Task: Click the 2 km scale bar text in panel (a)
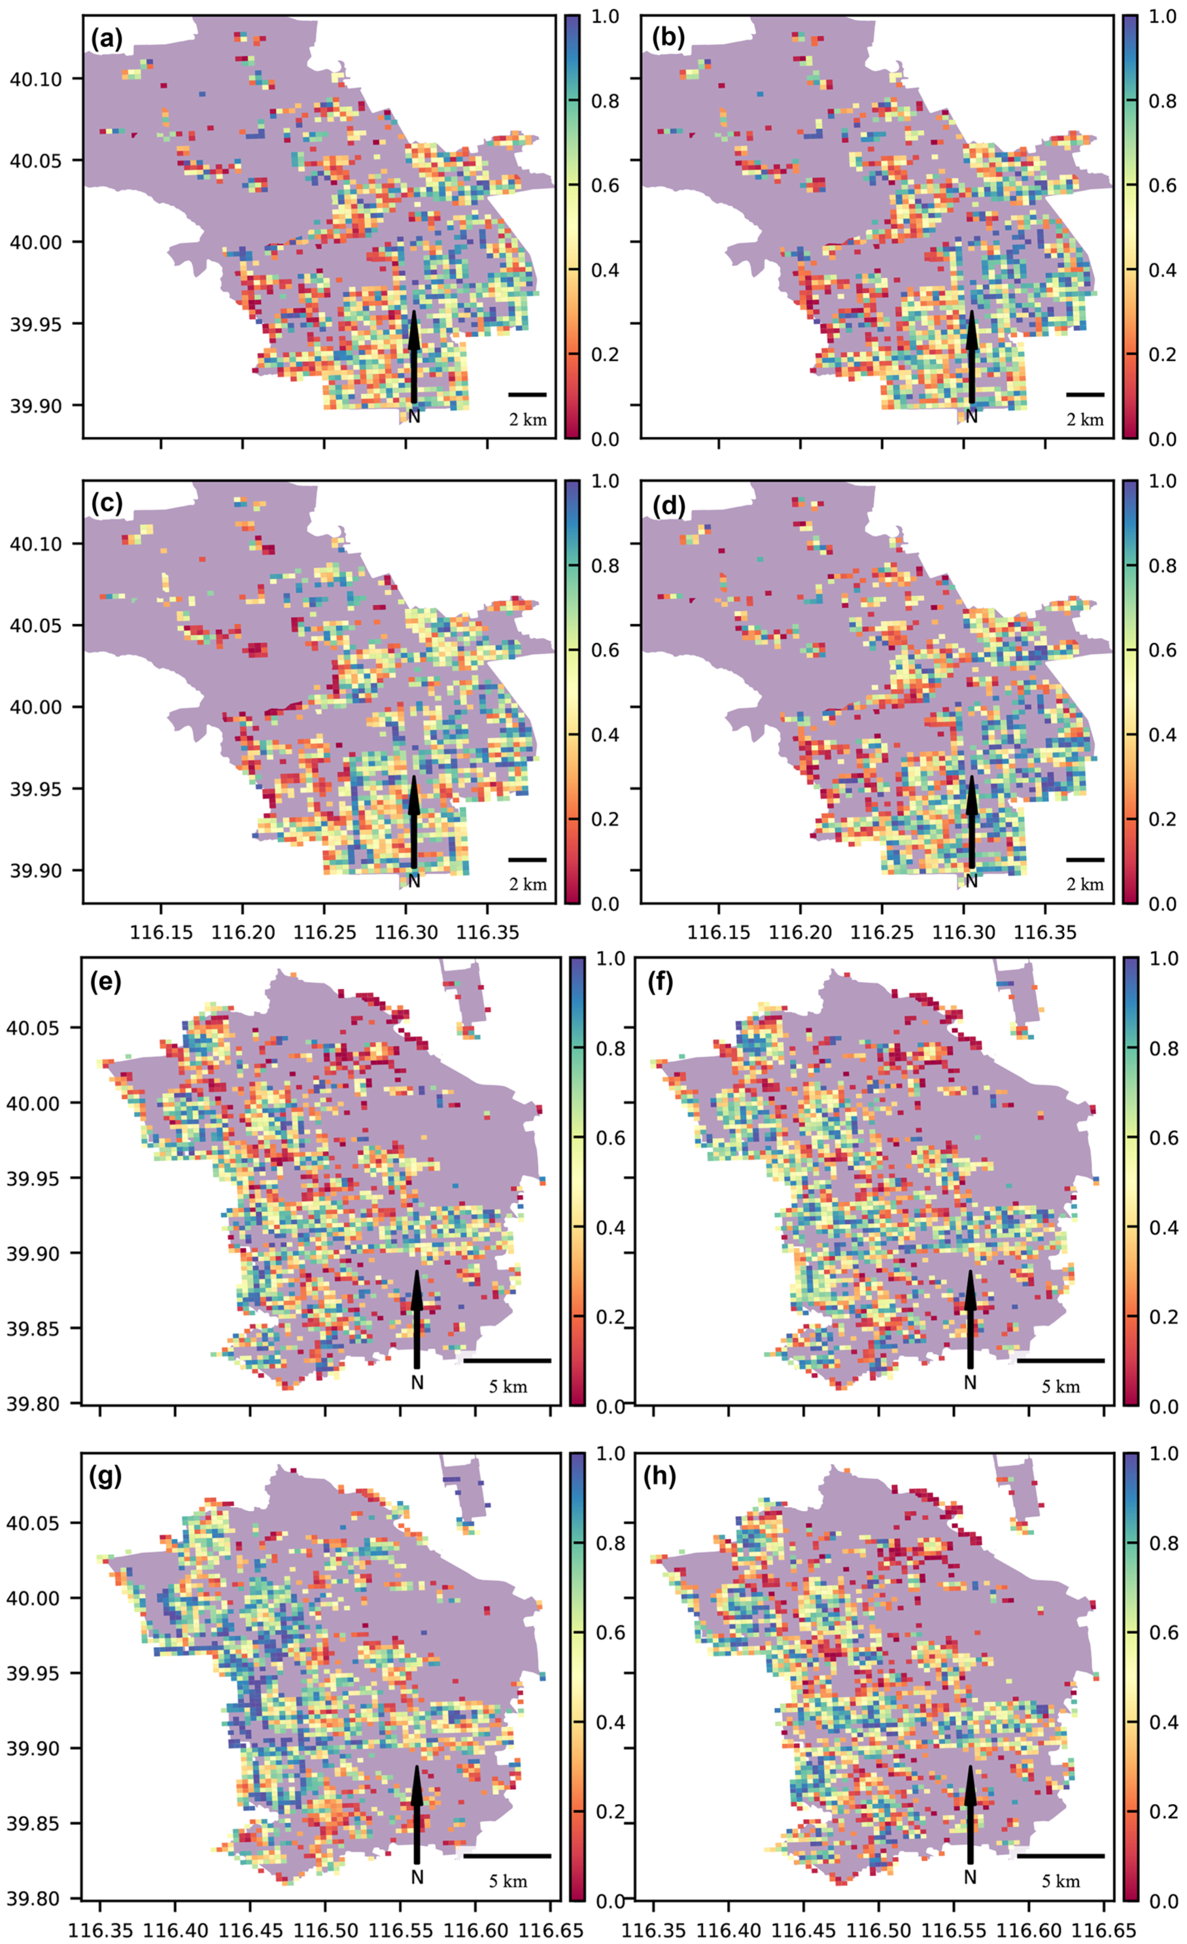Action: [x=527, y=420]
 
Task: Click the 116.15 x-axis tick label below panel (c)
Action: [x=161, y=933]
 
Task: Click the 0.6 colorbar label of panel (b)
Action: [x=1160, y=185]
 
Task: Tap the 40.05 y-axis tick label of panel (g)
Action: [x=33, y=1523]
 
